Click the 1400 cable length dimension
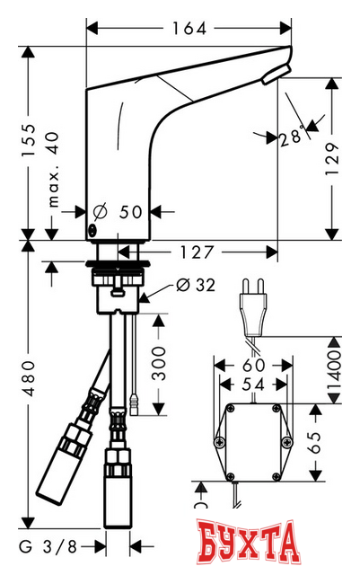click(x=333, y=368)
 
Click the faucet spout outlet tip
click(x=280, y=71)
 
